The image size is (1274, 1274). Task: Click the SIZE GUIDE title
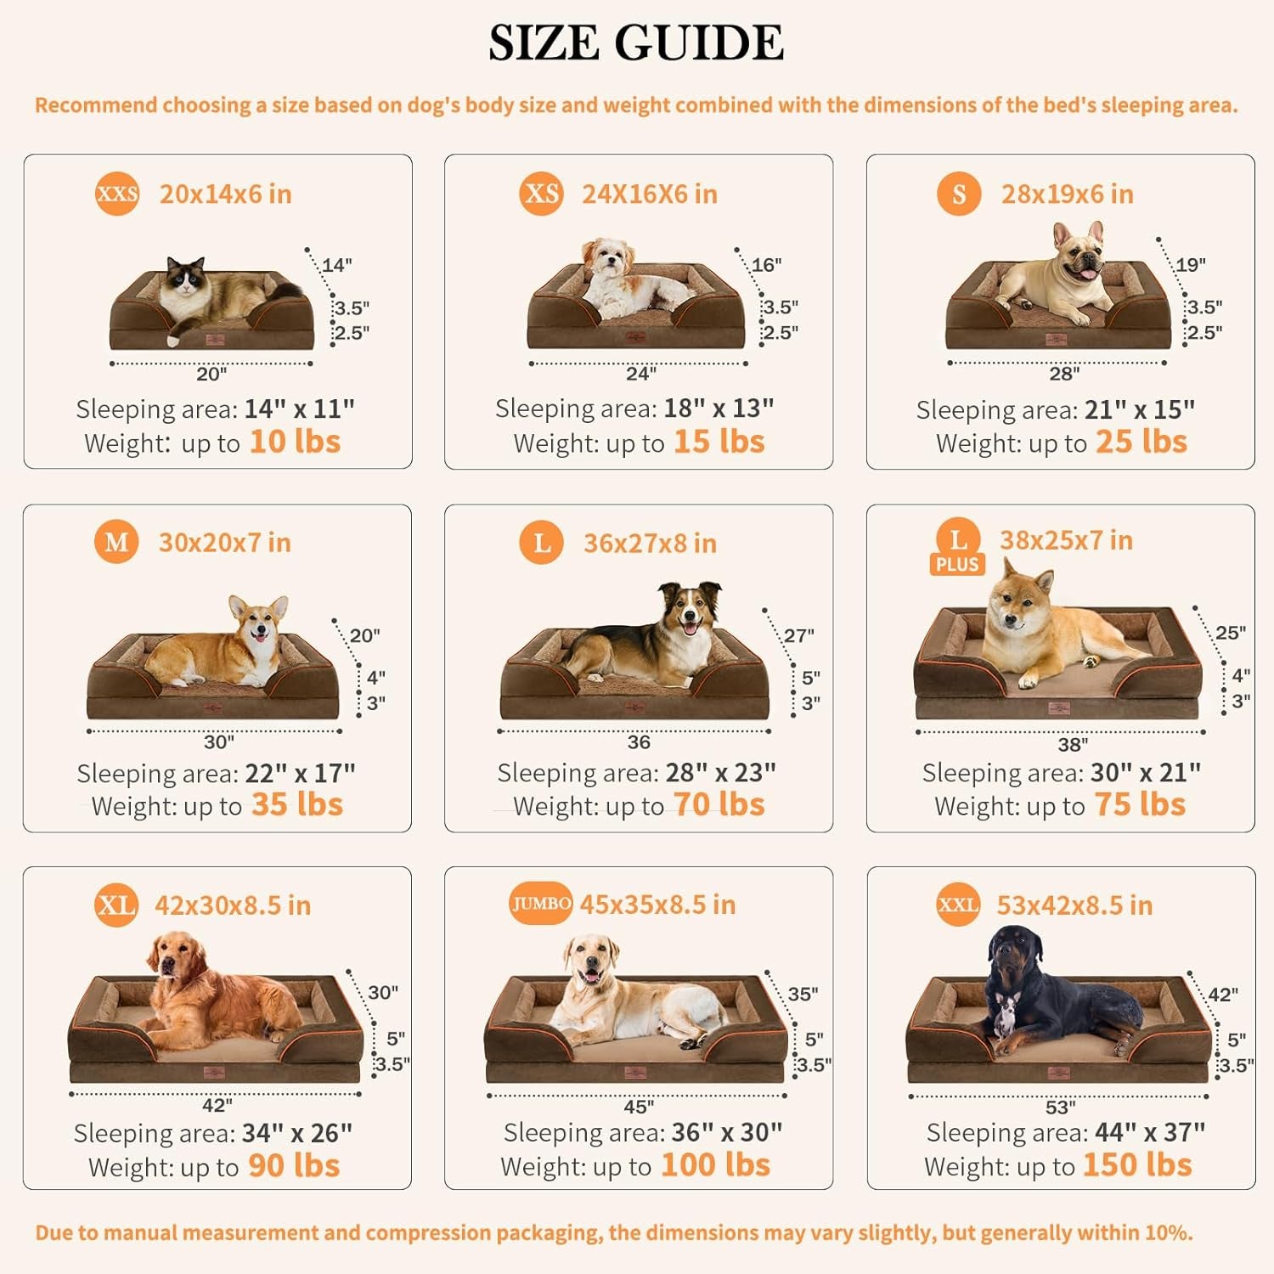click(x=636, y=42)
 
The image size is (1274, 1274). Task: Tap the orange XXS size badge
click(x=117, y=194)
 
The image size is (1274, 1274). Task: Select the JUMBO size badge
click(x=540, y=904)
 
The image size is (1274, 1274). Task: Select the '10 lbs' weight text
click(x=295, y=443)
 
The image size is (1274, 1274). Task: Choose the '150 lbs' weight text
click(x=1138, y=1165)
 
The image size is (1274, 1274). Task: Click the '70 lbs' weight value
click(x=719, y=805)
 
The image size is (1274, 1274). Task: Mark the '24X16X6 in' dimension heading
click(x=649, y=194)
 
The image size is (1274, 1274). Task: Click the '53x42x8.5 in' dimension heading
click(x=1074, y=905)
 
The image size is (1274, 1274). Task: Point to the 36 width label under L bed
click(x=639, y=742)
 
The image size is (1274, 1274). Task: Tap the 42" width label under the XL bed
click(x=217, y=1105)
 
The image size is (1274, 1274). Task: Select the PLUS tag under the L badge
click(x=957, y=565)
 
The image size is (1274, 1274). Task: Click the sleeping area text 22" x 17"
click(x=300, y=774)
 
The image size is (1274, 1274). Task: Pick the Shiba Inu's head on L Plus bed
click(x=1019, y=595)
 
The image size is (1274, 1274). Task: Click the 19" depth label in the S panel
click(x=1190, y=264)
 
